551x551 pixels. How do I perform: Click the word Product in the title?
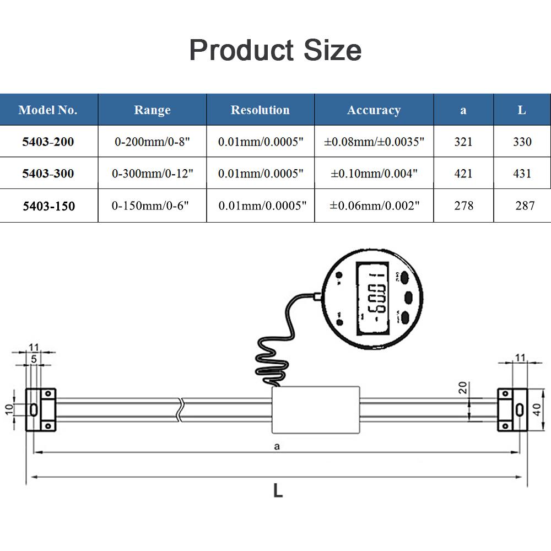tap(241, 50)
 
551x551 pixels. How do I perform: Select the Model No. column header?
tap(48, 110)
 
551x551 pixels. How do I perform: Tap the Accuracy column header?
tap(374, 110)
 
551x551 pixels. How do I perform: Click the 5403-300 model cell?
tap(48, 173)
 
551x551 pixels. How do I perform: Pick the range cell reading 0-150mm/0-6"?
tap(150, 206)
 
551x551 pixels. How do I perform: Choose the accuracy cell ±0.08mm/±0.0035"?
tap(374, 142)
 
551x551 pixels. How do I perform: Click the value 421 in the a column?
tap(463, 173)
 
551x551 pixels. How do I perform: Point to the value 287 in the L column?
tap(525, 206)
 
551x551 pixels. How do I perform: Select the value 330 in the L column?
tap(522, 142)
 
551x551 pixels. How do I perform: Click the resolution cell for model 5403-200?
tap(261, 142)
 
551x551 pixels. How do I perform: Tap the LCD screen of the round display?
tap(373, 298)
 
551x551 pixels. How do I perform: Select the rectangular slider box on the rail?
tap(316, 410)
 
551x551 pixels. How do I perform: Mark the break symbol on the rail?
tap(180, 410)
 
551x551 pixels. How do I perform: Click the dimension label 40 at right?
tap(537, 409)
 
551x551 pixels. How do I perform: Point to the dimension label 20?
tap(463, 387)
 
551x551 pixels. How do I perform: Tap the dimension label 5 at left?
tap(34, 359)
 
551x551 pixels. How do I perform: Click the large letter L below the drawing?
tap(278, 490)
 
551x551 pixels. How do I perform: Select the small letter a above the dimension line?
tap(277, 447)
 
